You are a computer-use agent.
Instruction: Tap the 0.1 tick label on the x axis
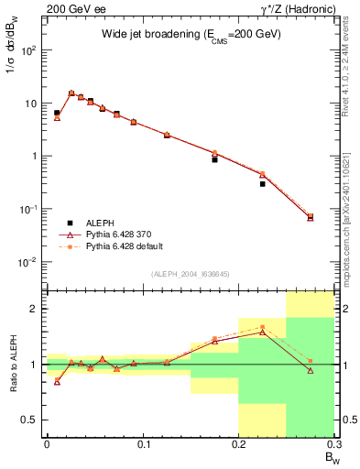tap(142, 444)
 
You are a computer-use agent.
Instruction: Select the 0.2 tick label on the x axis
tap(238, 444)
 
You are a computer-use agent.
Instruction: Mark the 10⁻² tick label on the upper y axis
tap(30, 262)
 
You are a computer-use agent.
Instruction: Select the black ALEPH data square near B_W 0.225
tap(262, 184)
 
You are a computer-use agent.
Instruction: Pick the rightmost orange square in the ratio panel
tap(310, 361)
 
